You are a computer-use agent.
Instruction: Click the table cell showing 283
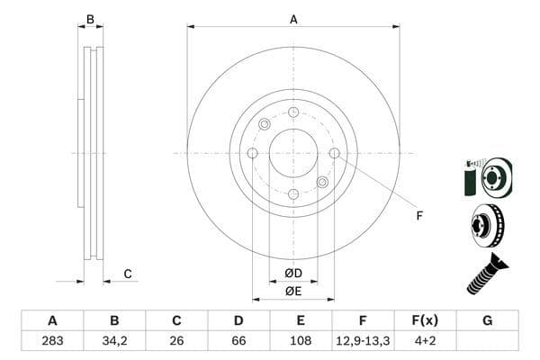click(x=52, y=341)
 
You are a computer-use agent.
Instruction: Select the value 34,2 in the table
click(x=114, y=341)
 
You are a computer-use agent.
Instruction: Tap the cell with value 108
click(x=301, y=341)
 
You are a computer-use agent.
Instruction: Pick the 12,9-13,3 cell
click(x=363, y=341)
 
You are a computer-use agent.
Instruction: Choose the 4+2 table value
click(x=425, y=341)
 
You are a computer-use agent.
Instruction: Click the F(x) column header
click(x=425, y=320)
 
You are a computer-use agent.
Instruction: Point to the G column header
click(x=487, y=320)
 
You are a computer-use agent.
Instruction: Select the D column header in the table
click(x=238, y=320)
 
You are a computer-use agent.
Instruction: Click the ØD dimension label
click(x=293, y=274)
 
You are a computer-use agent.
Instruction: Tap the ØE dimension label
click(x=293, y=291)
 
